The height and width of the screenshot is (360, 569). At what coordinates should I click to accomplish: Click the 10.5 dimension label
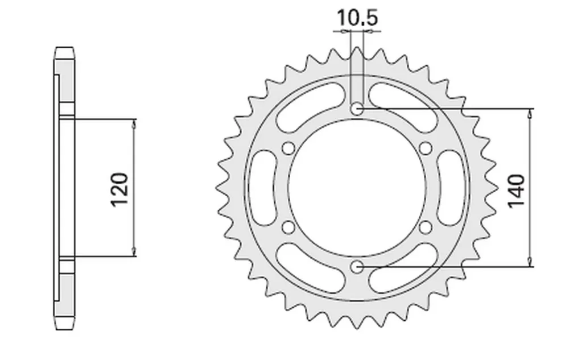coord(357,18)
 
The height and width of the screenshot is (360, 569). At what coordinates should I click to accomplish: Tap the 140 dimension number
coord(517,191)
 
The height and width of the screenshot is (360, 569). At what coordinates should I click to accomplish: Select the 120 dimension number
coord(119,189)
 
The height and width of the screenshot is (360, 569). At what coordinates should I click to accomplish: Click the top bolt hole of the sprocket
coord(357,109)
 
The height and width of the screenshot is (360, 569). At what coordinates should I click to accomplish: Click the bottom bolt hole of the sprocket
coord(357,267)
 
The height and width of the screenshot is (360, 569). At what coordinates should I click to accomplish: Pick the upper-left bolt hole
coord(288,148)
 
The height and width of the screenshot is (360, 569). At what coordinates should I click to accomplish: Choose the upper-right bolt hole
coord(426,148)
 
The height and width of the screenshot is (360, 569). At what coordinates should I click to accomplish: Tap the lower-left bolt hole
coord(288,227)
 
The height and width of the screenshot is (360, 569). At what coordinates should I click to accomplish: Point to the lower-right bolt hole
coord(426,227)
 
